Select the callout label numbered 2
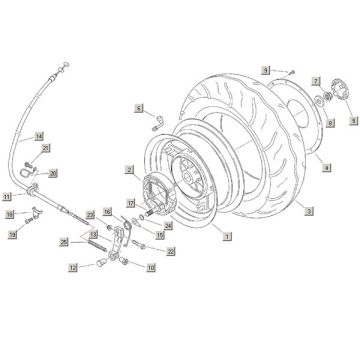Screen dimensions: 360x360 tap(131, 171)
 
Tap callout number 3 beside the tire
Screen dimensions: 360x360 tap(309, 211)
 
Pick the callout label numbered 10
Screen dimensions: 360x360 tap(150, 267)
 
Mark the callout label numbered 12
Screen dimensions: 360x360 tap(73, 268)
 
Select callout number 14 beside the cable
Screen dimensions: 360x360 tap(38, 135)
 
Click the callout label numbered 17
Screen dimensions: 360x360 tap(130, 203)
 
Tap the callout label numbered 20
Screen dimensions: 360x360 tap(53, 172)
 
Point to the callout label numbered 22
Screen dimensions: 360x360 tap(170, 251)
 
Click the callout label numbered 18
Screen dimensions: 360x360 tap(10, 214)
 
